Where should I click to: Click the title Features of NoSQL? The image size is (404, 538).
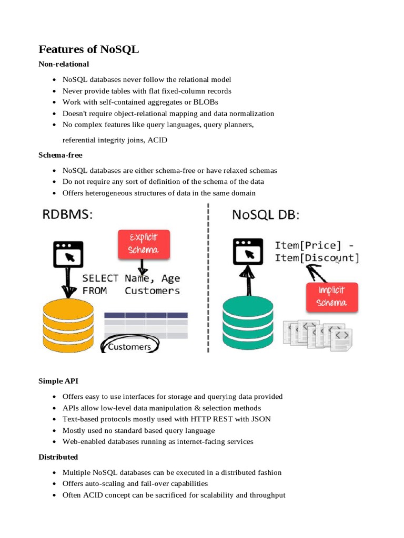pyautogui.click(x=89, y=49)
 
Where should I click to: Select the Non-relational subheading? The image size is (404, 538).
pyautogui.click(x=64, y=64)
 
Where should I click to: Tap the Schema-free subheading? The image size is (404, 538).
pyautogui.click(x=60, y=155)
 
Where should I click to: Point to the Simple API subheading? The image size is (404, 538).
pyautogui.click(x=58, y=381)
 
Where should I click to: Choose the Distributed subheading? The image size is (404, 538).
pyautogui.click(x=58, y=457)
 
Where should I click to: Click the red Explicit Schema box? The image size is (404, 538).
pyautogui.click(x=144, y=244)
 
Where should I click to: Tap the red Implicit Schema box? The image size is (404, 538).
pyautogui.click(x=332, y=296)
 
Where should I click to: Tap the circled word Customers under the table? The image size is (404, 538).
pyautogui.click(x=129, y=347)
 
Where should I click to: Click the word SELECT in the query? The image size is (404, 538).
pyautogui.click(x=100, y=278)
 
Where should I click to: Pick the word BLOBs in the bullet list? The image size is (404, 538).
pyautogui.click(x=206, y=102)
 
